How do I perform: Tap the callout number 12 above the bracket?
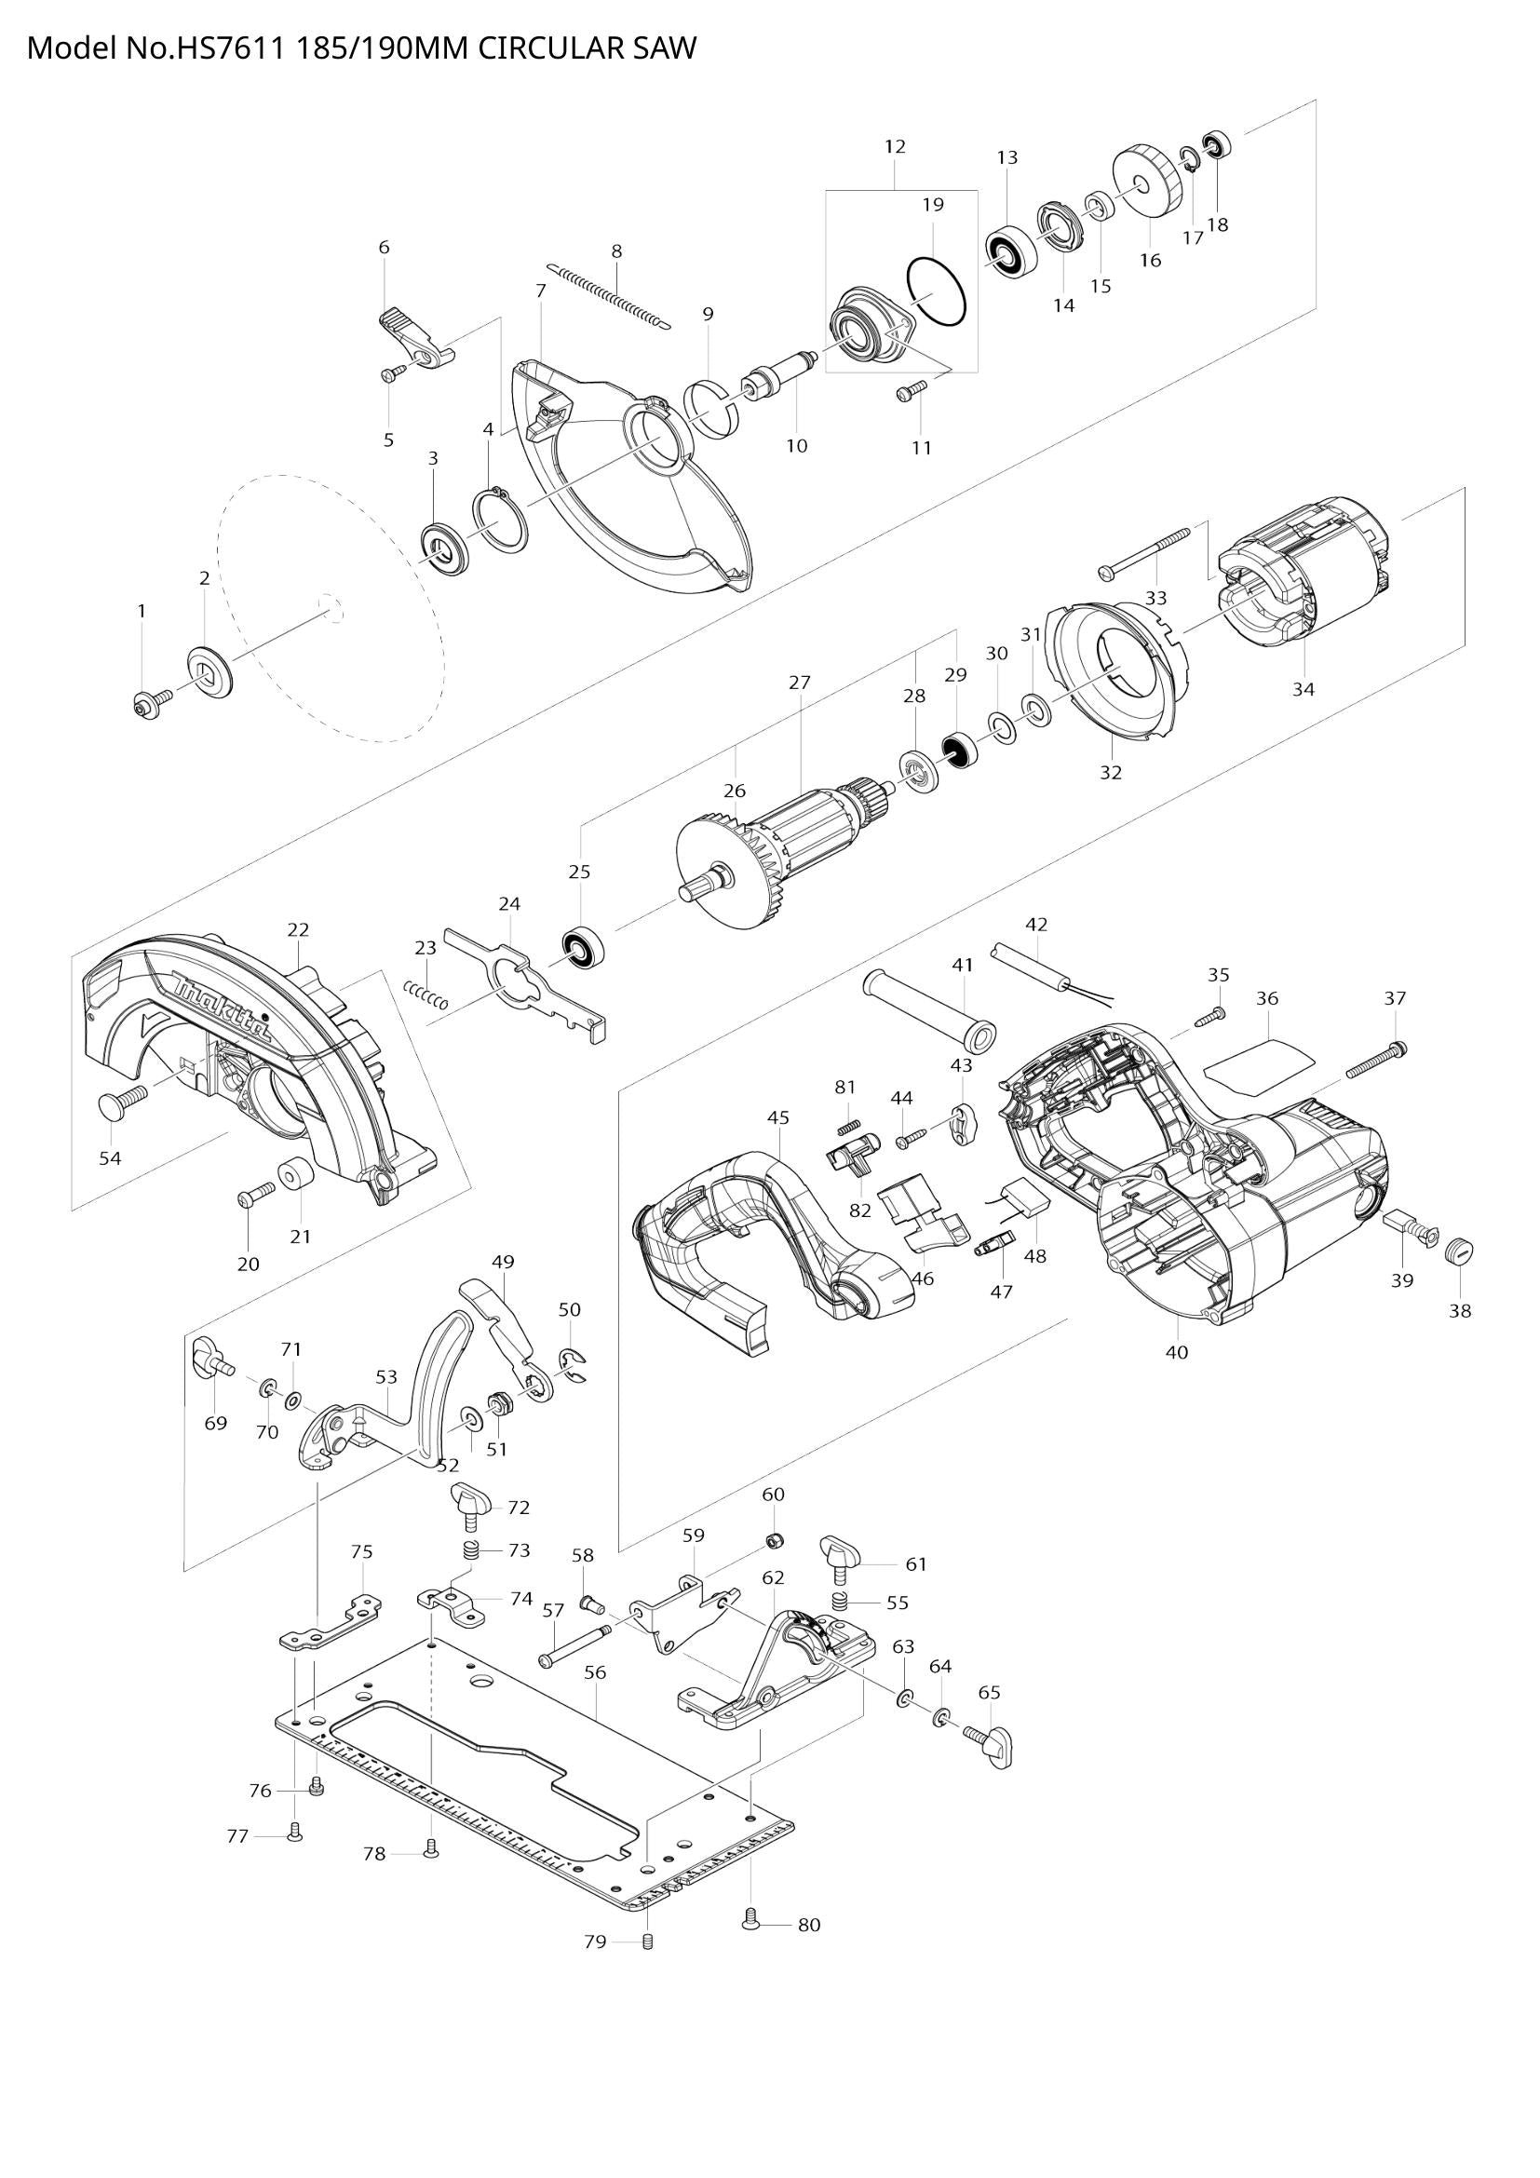pos(894,146)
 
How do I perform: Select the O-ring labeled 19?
pos(936,291)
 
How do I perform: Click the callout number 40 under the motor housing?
pos(1176,1353)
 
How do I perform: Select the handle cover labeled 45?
pos(768,1243)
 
